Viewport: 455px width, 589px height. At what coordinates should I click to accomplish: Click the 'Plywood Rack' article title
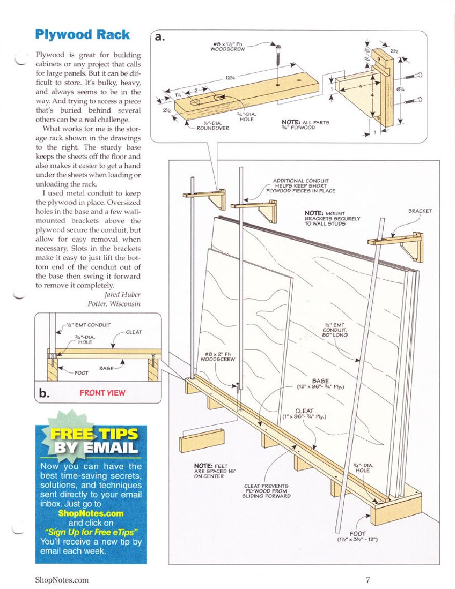82,35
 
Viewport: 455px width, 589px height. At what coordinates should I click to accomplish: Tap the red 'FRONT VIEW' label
102,393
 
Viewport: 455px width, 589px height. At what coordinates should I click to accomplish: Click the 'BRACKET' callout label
420,212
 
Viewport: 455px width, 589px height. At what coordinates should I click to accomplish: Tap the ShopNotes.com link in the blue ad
91,513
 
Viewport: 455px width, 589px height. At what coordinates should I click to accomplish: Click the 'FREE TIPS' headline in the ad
94,434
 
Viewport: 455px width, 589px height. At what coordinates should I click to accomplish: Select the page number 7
367,580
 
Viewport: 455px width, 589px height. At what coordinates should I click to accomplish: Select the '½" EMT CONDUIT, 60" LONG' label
334,329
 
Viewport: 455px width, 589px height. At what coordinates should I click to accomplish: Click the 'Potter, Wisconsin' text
115,304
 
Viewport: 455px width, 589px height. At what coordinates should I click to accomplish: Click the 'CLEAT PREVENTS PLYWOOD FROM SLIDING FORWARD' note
267,491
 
